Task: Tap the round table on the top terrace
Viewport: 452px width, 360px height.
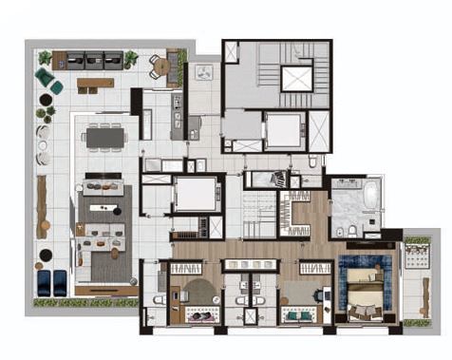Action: point(160,66)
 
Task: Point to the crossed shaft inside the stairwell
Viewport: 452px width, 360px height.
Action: point(296,79)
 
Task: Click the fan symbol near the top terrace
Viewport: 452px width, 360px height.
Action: point(202,72)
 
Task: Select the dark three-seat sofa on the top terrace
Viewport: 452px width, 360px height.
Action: point(92,59)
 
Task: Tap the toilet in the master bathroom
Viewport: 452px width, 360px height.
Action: point(349,232)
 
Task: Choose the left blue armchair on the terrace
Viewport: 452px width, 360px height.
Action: point(44,280)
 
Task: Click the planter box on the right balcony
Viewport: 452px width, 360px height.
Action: point(416,248)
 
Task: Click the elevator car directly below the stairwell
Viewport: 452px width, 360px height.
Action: point(282,130)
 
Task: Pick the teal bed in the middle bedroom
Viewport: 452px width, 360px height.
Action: point(301,313)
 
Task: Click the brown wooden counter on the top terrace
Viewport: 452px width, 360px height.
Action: point(95,84)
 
